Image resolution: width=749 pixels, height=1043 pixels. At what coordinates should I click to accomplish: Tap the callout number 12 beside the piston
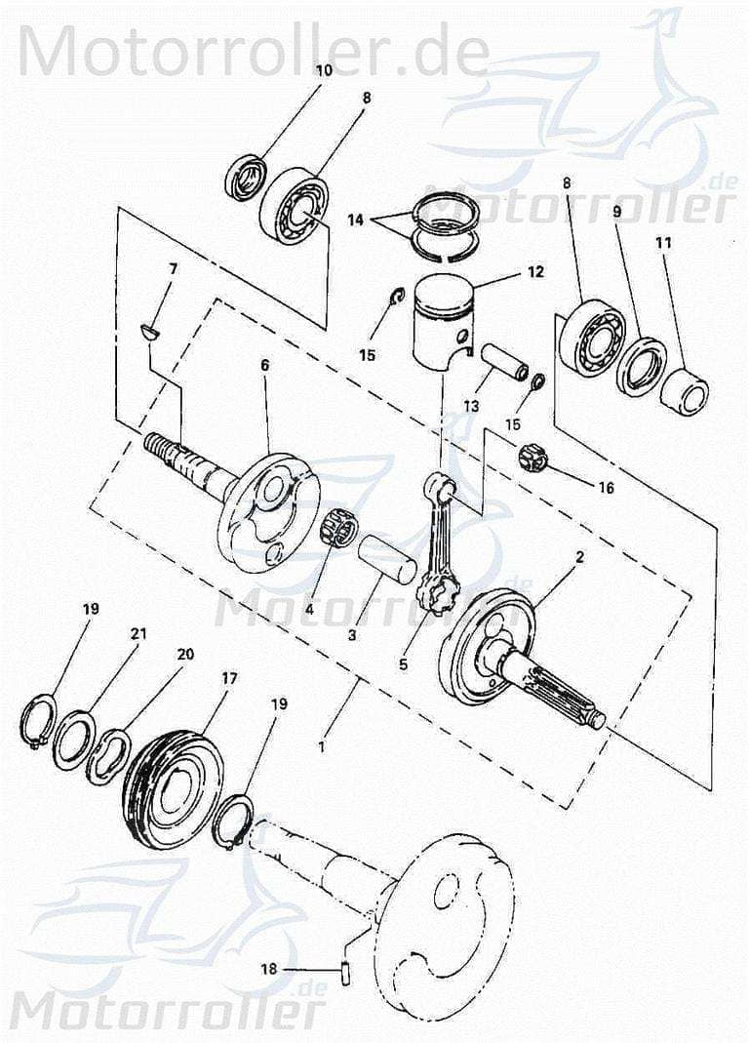(534, 273)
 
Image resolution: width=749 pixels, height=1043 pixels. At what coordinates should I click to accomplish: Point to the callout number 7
(173, 267)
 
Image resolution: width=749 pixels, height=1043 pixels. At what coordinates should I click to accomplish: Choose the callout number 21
(138, 633)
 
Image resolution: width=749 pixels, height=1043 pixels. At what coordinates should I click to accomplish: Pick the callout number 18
(269, 969)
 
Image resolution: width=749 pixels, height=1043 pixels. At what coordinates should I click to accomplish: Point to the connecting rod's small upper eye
(441, 488)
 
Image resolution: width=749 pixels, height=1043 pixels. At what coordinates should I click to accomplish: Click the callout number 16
(605, 487)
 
